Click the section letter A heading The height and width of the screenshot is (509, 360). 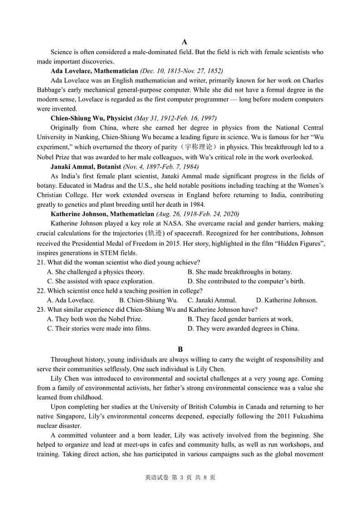(x=180, y=42)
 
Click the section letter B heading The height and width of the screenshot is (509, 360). (x=180, y=349)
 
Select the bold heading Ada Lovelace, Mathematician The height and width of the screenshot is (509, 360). (x=94, y=71)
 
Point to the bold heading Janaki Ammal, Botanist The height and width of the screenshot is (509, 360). (x=86, y=166)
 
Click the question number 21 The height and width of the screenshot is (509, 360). (x=41, y=262)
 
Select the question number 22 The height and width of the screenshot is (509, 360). (x=41, y=291)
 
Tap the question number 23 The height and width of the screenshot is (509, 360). (x=41, y=310)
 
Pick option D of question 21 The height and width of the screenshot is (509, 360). (x=246, y=281)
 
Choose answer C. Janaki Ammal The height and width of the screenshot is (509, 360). (x=212, y=300)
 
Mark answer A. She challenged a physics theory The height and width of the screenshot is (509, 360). (x=95, y=272)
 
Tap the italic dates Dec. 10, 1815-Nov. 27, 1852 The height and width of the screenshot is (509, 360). (x=181, y=71)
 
